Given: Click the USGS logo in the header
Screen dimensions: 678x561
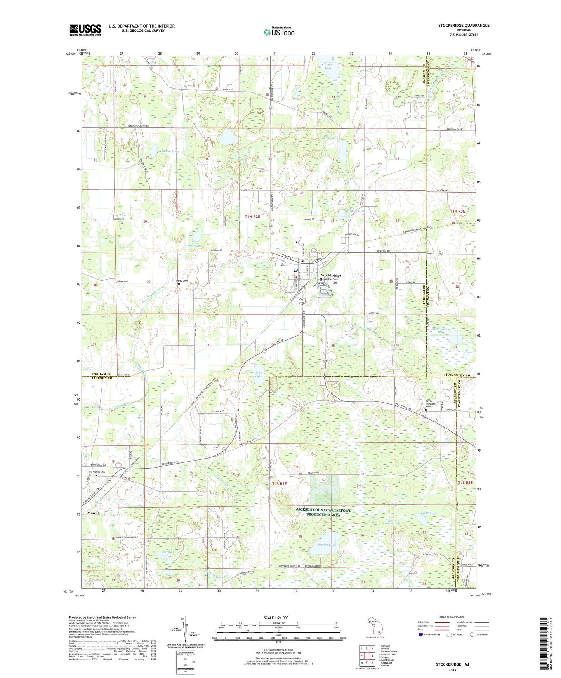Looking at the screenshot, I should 85,30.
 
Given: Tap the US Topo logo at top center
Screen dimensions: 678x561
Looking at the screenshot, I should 278,32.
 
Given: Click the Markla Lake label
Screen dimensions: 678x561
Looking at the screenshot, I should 327,544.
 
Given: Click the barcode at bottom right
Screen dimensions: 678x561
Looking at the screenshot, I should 544,647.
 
